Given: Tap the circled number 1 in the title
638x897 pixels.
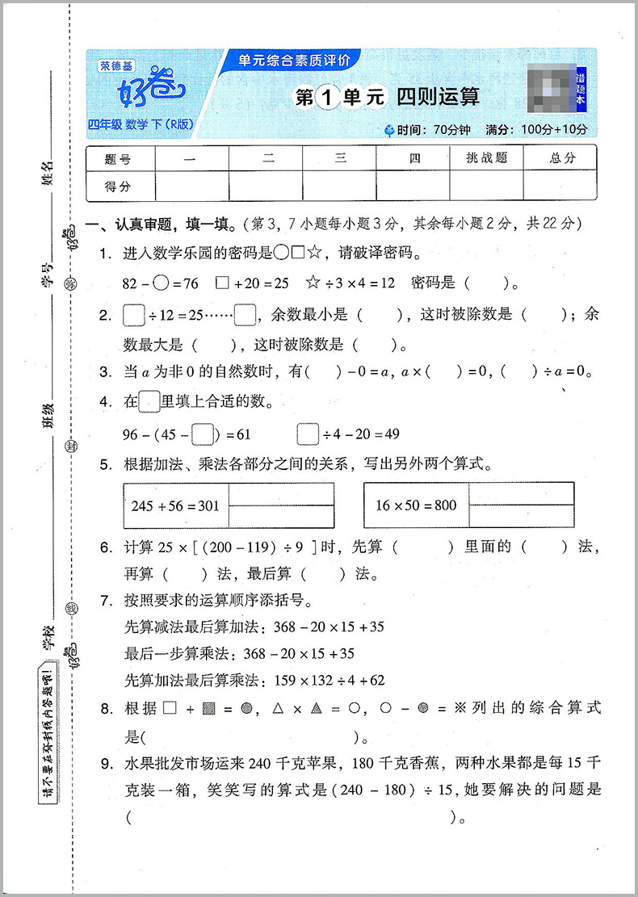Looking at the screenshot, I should coord(327,98).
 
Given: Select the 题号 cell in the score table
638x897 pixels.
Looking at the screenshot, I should coord(118,158).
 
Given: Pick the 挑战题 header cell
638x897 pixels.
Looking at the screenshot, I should coord(486,158).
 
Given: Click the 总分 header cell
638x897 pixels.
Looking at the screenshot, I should coord(562,158).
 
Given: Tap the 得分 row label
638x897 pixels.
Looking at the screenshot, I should coord(118,186).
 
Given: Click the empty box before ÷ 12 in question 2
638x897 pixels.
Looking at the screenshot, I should coord(133,315).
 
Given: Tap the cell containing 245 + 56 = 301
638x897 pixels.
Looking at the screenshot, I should coord(174,505).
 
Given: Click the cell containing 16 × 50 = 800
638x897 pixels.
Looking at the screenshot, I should coord(416,505).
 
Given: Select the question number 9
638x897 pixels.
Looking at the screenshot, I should coord(105,765).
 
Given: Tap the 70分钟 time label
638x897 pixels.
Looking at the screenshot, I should coord(453,129).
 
